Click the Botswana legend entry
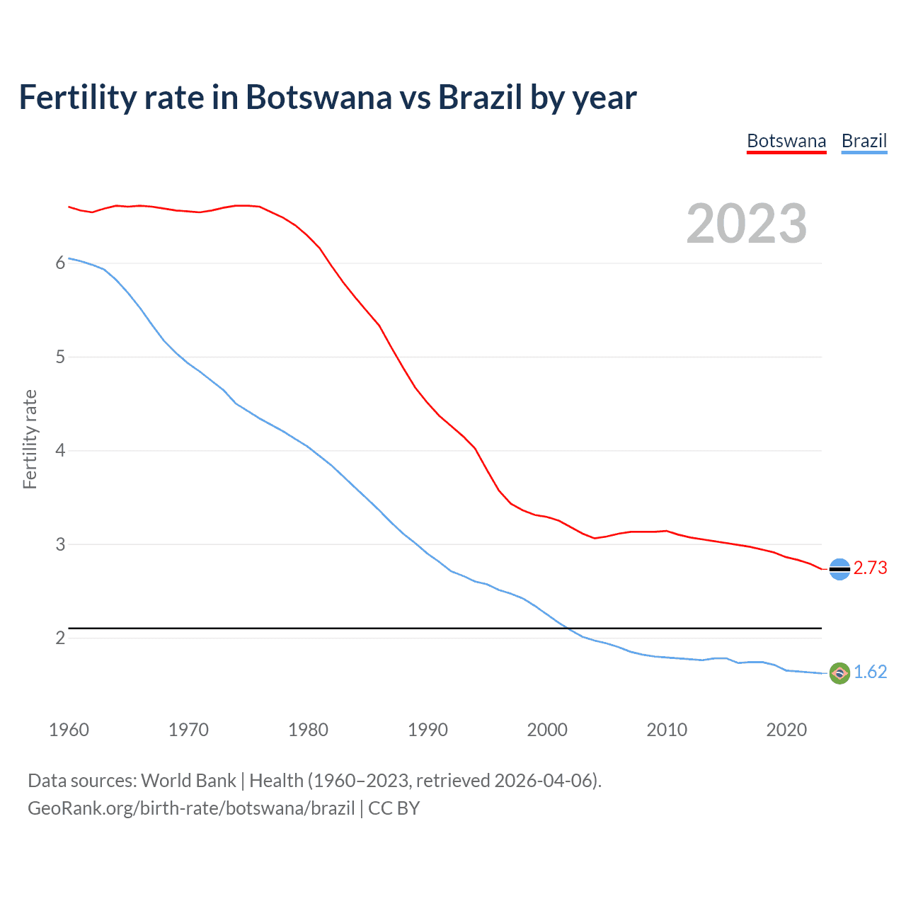[x=786, y=141]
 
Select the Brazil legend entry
[x=864, y=141]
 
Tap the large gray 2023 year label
[x=746, y=224]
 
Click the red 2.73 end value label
[x=870, y=568]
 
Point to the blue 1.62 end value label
[x=870, y=672]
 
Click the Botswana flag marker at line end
[x=839, y=569]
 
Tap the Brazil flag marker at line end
[x=839, y=673]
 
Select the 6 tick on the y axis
[x=60, y=263]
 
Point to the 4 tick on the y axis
[x=60, y=451]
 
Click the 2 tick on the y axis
[x=60, y=638]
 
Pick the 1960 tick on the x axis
[x=69, y=730]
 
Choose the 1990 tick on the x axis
[x=428, y=730]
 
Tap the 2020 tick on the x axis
[x=786, y=730]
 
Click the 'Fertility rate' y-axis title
[x=30, y=439]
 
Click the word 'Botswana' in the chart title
[x=318, y=98]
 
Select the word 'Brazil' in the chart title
[x=480, y=98]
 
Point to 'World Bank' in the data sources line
[x=188, y=781]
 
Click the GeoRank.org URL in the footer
[x=191, y=808]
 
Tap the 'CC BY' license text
[x=394, y=808]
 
